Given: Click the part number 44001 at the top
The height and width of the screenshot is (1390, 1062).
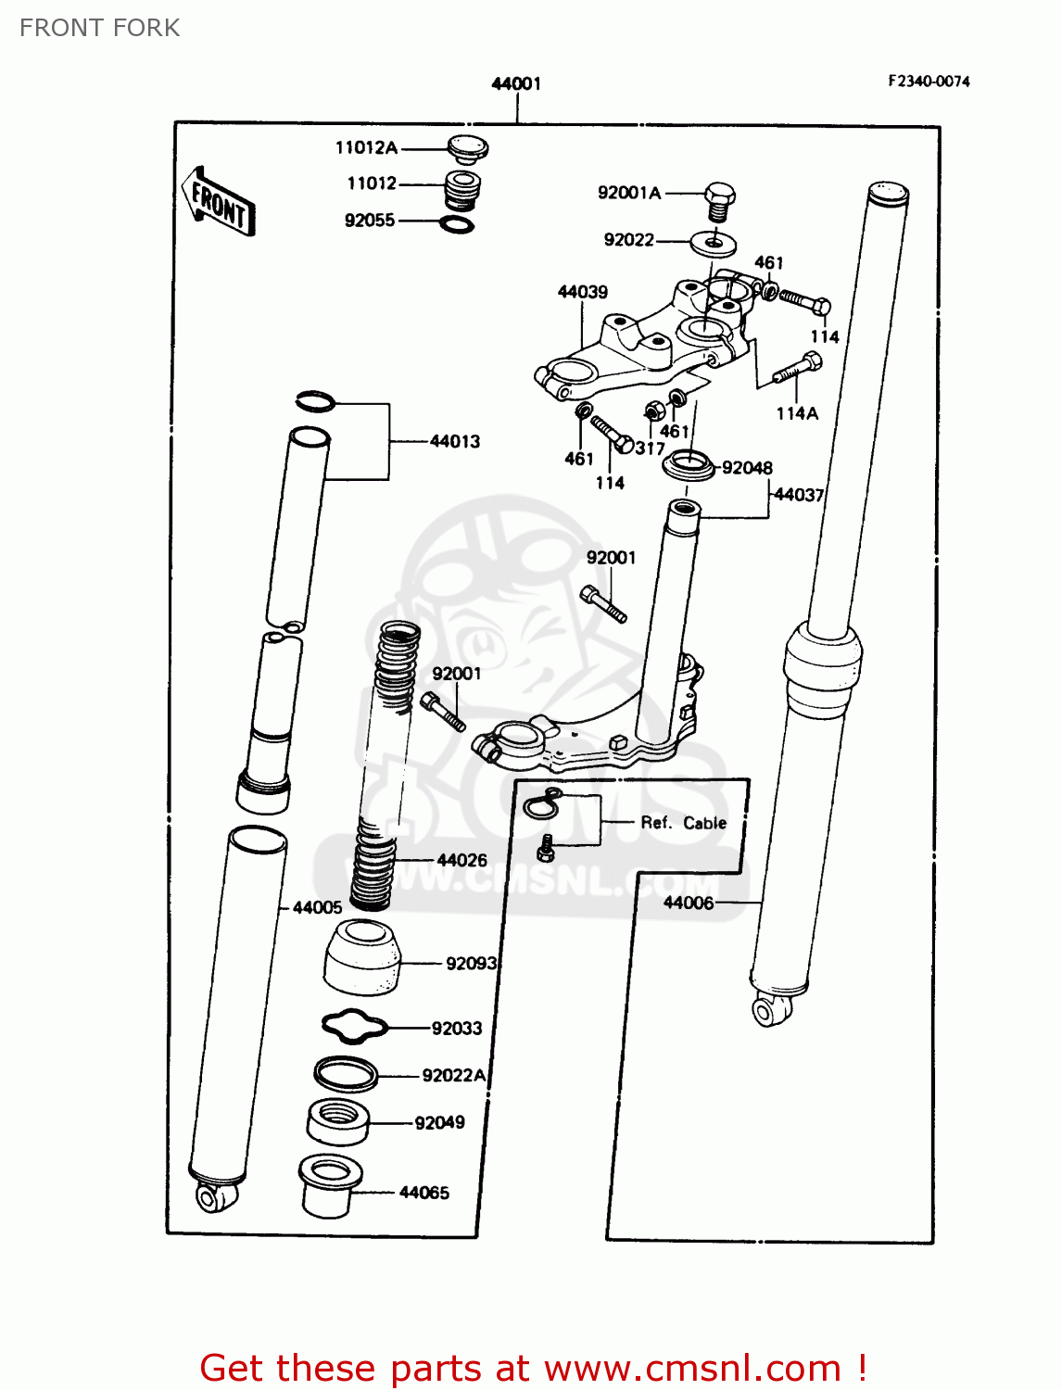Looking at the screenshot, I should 516,84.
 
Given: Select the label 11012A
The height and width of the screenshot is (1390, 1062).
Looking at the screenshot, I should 366,147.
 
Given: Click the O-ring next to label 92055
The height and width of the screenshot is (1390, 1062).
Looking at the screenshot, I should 456,223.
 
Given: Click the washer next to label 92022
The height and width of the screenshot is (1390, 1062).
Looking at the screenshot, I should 714,244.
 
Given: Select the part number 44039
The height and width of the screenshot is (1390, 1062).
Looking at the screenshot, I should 582,292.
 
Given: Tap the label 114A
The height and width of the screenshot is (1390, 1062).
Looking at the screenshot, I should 797,413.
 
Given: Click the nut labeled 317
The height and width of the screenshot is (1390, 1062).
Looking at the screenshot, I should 652,409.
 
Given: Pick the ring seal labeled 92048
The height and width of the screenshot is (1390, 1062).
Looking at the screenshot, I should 689,465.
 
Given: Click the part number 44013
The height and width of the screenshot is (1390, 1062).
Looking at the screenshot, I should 455,441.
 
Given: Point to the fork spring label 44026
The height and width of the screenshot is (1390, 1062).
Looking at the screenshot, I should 461,860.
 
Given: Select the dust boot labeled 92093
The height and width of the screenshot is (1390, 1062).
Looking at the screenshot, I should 362,957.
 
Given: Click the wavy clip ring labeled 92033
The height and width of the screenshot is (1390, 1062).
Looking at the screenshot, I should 354,1026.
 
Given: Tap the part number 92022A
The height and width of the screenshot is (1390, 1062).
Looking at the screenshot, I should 454,1075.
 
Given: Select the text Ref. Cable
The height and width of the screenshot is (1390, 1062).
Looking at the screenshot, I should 683,823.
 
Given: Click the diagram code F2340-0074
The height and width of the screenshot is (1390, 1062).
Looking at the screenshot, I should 929,82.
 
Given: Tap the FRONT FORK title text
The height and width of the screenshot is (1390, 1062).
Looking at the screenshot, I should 100,28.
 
